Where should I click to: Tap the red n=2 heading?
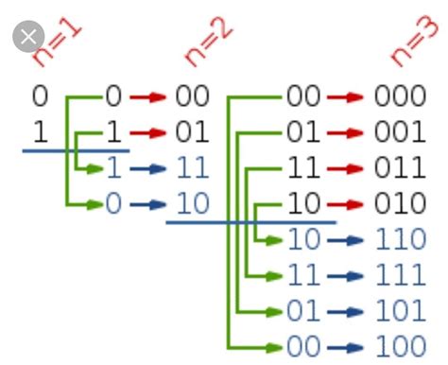(x=209, y=42)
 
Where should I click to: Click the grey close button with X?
(x=28, y=37)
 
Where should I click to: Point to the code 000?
(x=400, y=96)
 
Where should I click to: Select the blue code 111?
(x=400, y=276)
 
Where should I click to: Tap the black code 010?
(x=400, y=203)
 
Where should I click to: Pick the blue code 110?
(x=400, y=240)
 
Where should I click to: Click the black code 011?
(x=400, y=168)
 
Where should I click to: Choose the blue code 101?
(x=400, y=311)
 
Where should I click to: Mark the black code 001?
(x=400, y=132)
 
